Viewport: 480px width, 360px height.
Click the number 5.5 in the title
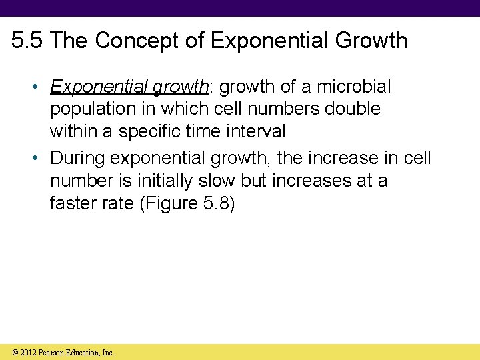[x=27, y=41]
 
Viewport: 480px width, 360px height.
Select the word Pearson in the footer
[x=54, y=352]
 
